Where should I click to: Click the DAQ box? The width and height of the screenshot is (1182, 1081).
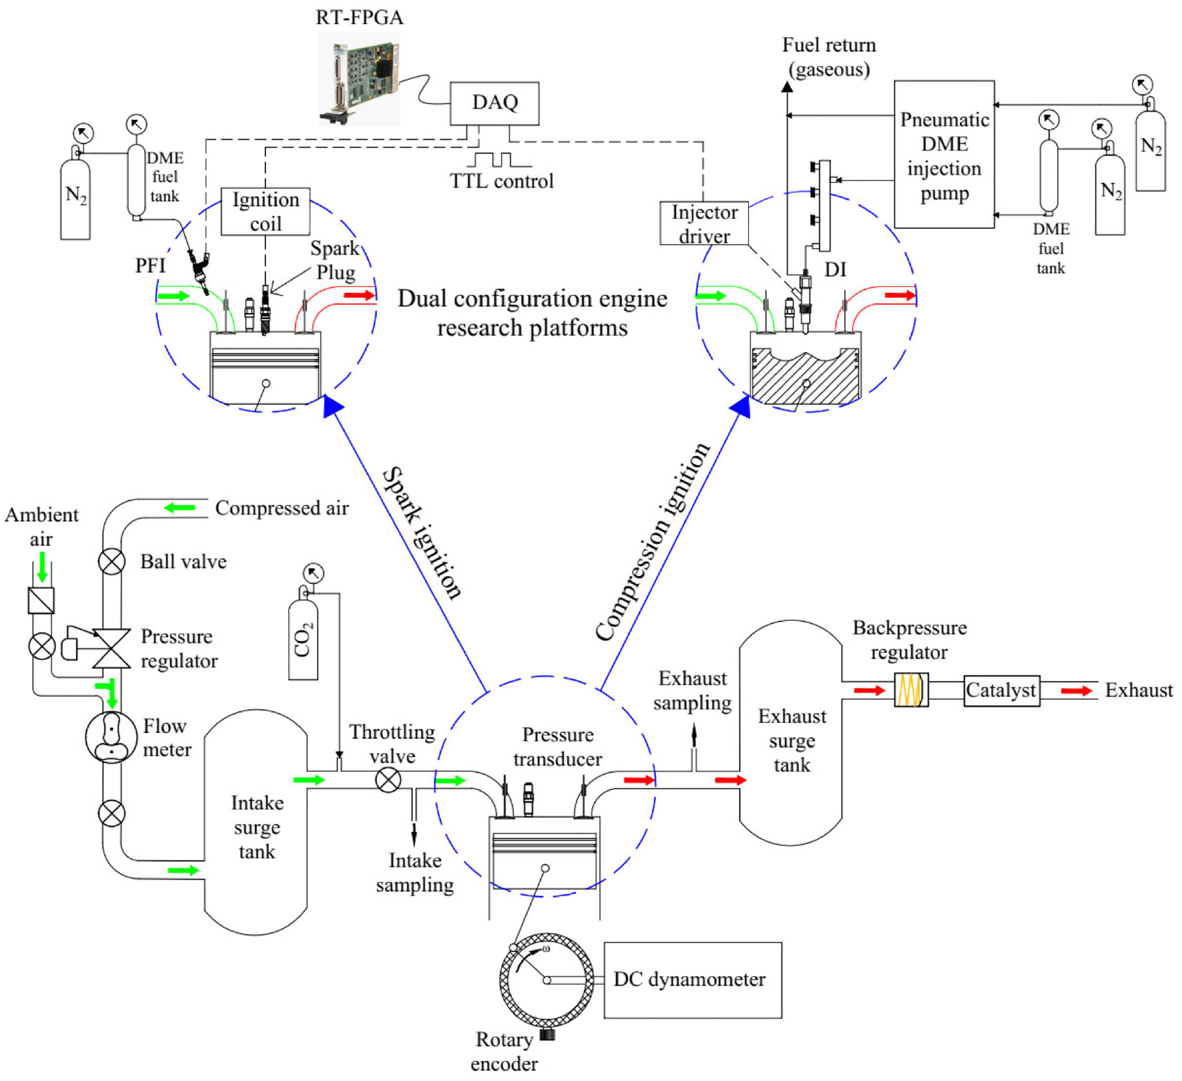click(x=494, y=103)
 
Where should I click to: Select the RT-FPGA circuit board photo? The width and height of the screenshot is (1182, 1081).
click(x=358, y=79)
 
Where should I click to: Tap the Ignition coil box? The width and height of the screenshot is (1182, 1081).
click(x=265, y=212)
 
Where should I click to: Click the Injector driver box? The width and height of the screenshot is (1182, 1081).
click(x=704, y=223)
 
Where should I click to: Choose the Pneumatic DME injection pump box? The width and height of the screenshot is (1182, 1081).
click(x=944, y=154)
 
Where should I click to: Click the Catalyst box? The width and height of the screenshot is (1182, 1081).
click(x=1001, y=691)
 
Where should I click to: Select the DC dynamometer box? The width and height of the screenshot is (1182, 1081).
click(x=693, y=979)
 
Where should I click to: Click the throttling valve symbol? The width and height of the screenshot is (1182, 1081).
click(x=388, y=780)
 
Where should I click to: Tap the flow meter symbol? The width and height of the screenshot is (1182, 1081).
click(x=111, y=737)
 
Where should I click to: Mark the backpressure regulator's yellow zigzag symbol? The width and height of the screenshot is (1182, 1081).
click(x=911, y=690)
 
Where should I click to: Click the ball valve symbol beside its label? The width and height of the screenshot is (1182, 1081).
click(x=111, y=561)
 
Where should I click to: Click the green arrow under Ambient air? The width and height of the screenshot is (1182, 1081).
click(x=42, y=567)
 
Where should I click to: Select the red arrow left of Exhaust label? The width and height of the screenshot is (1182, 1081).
click(x=1076, y=691)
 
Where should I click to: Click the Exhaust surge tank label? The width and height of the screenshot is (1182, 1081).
click(x=792, y=741)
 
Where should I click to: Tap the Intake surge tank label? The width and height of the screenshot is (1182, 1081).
click(x=257, y=827)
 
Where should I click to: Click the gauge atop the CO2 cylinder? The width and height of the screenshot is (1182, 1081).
click(x=314, y=573)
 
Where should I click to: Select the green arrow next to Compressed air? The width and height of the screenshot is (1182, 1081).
click(x=180, y=508)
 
